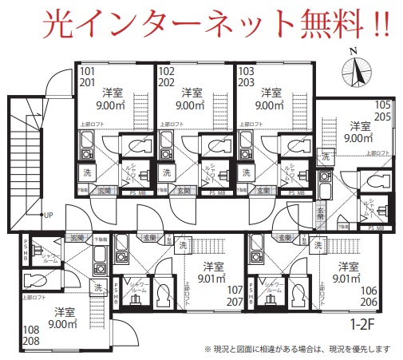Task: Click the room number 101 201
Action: point(88,76)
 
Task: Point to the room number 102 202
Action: point(168,76)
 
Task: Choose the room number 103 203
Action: point(247,76)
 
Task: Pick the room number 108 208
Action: point(33,334)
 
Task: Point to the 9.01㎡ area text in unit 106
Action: point(347,279)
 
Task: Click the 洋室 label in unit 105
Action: point(360,125)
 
